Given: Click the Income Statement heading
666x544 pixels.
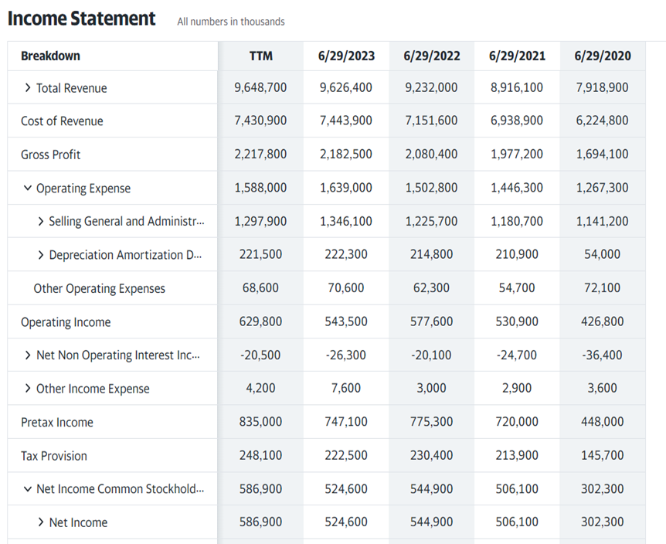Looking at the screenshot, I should click(x=82, y=19).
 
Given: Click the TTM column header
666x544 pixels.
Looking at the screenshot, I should click(x=260, y=56).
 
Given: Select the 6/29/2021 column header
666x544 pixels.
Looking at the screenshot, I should click(x=517, y=56).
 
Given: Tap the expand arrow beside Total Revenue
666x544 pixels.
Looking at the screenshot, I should click(x=28, y=88).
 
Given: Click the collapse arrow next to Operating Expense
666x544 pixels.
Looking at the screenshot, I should click(x=28, y=189).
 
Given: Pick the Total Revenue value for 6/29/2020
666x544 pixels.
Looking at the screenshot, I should click(x=602, y=88).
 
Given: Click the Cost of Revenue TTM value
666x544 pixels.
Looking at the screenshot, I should click(x=260, y=121).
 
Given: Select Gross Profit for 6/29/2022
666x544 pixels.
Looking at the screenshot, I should click(x=431, y=155).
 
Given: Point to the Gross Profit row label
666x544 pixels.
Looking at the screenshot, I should click(x=50, y=155).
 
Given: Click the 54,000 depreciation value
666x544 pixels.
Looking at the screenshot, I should click(x=602, y=255).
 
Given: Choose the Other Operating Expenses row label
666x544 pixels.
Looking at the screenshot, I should click(x=99, y=289).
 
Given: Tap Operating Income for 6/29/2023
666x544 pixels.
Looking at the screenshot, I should click(x=345, y=322).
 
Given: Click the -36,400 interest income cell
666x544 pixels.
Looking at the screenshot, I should click(x=602, y=355).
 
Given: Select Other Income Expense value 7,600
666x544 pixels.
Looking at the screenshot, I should click(x=345, y=389).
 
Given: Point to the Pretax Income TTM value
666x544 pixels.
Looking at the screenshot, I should click(x=260, y=423).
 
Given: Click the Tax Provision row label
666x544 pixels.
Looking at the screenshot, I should click(x=54, y=456).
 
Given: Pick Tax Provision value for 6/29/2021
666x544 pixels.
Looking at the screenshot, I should click(x=517, y=456).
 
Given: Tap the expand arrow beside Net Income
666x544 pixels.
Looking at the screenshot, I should click(x=41, y=523).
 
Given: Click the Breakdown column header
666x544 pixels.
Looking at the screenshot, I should click(x=50, y=56).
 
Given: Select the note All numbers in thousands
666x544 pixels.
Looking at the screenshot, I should click(x=230, y=22).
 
